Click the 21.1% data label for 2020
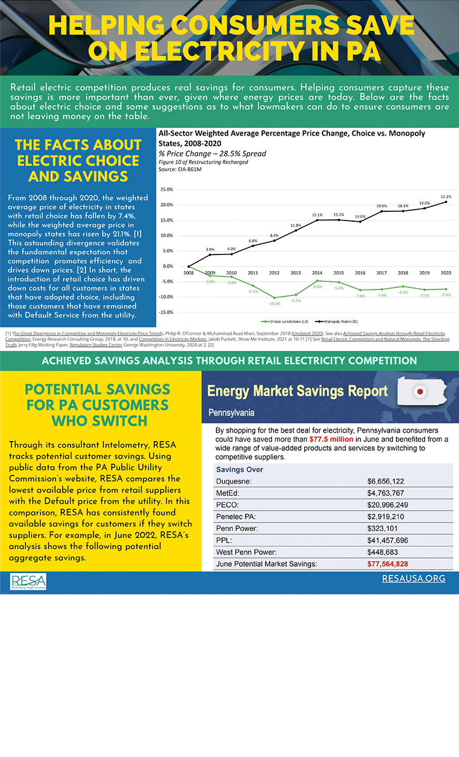[446, 196]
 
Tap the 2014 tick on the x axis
[317, 273]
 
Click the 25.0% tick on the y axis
[166, 190]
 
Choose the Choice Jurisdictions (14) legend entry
[293, 321]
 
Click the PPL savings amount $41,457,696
[387, 540]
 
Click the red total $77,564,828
[387, 564]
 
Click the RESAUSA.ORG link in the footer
[413, 578]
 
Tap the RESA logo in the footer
[29, 581]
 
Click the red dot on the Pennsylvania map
[421, 392]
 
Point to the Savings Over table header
[239, 469]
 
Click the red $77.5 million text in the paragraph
[331, 439]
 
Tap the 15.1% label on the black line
[317, 215]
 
